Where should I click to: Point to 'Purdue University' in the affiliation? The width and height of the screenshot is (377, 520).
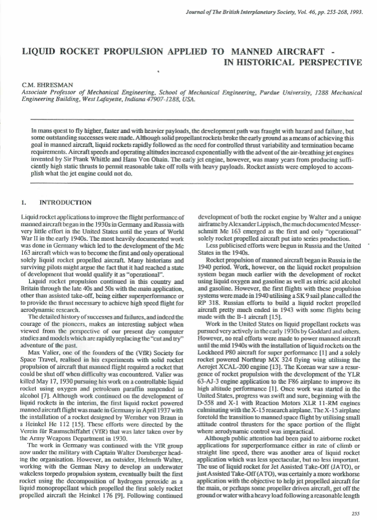tap(298, 92)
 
